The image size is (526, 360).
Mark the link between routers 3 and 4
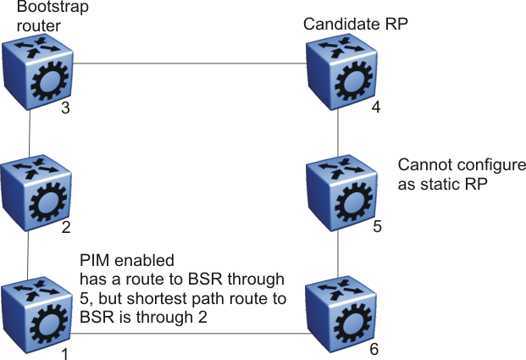pyautogui.click(x=184, y=63)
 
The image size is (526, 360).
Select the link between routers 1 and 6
pyautogui.click(x=184, y=334)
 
